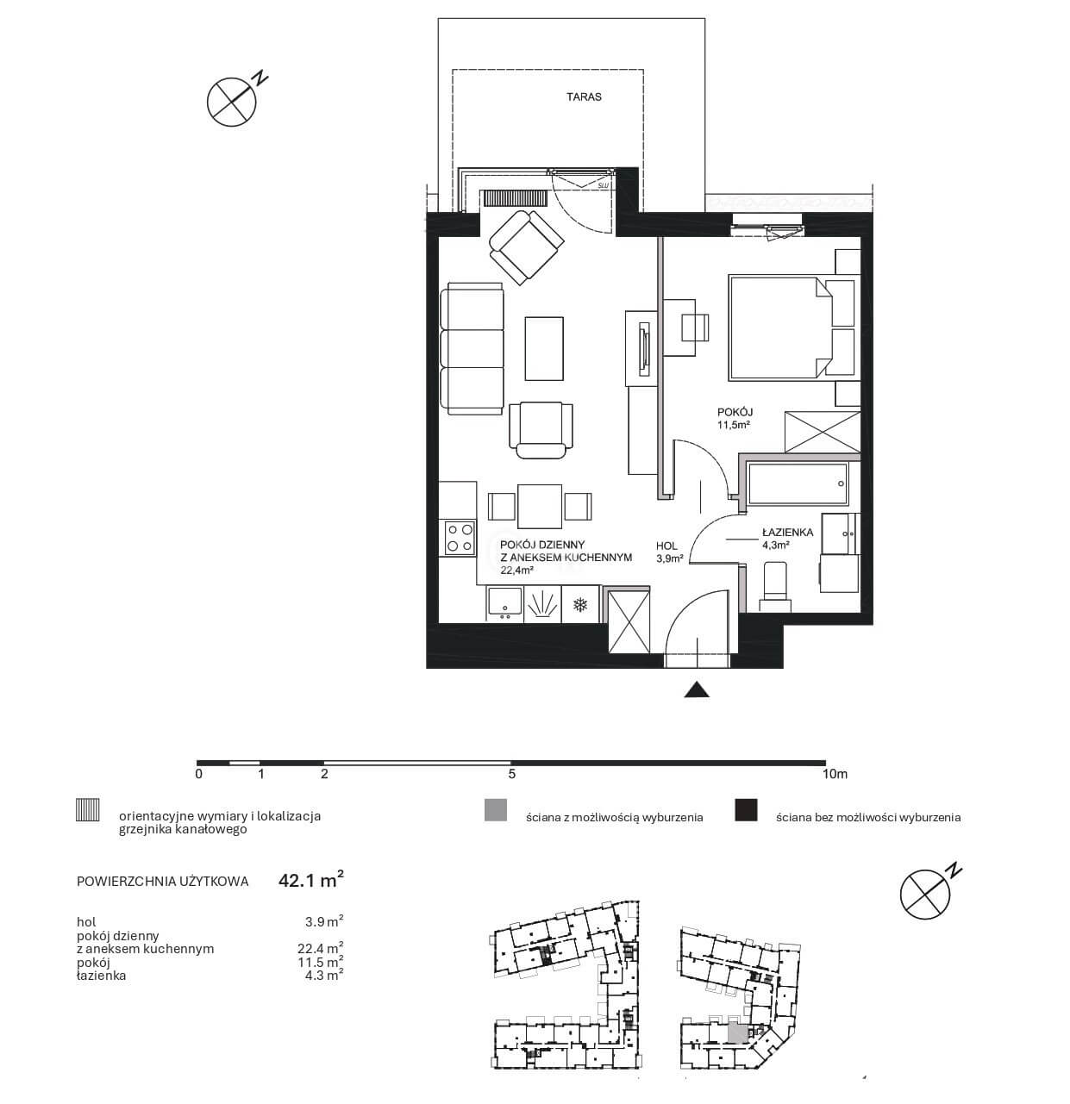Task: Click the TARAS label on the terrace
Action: (584, 97)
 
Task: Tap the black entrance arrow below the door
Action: (697, 689)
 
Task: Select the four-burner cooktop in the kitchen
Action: (460, 538)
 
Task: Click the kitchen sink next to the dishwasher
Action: (504, 603)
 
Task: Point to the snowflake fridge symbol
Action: (579, 605)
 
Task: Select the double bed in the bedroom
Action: (792, 327)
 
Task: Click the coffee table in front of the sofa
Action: (544, 348)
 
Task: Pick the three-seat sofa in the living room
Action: (472, 348)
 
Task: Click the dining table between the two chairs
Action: (539, 506)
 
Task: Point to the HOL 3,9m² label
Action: (669, 552)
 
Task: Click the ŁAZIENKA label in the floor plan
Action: (787, 533)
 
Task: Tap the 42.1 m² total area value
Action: (311, 880)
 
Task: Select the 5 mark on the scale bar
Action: (511, 774)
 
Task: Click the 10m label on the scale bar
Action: (835, 774)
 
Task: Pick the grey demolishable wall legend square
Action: (496, 810)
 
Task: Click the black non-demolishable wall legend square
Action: (745, 810)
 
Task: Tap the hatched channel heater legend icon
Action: (87, 809)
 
